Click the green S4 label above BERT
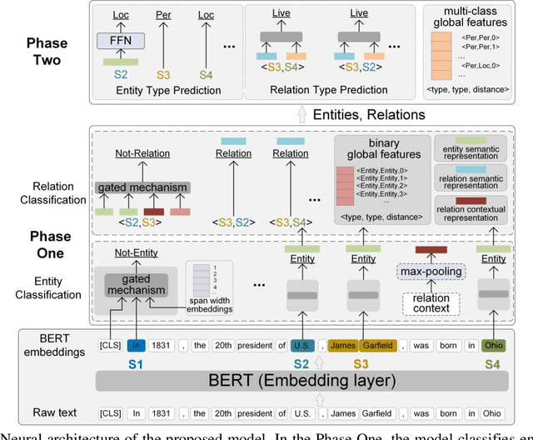(492, 362)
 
